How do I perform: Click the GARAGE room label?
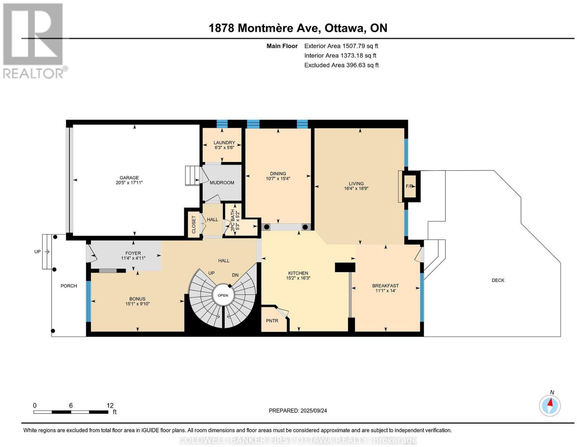click(x=129, y=178)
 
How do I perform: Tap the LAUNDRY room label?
click(x=224, y=143)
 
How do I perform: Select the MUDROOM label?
click(x=222, y=183)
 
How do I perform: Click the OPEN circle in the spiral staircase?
click(x=223, y=295)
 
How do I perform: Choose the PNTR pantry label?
click(x=272, y=321)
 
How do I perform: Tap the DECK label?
click(x=498, y=280)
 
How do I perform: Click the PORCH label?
click(x=69, y=286)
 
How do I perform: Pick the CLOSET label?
click(x=194, y=225)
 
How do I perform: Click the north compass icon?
click(x=550, y=406)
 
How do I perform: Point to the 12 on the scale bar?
click(x=110, y=406)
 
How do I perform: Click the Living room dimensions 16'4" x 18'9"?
click(x=356, y=189)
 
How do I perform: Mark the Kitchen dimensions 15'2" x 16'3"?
click(x=298, y=278)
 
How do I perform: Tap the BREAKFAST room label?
click(x=385, y=286)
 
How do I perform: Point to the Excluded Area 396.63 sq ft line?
click(x=342, y=65)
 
